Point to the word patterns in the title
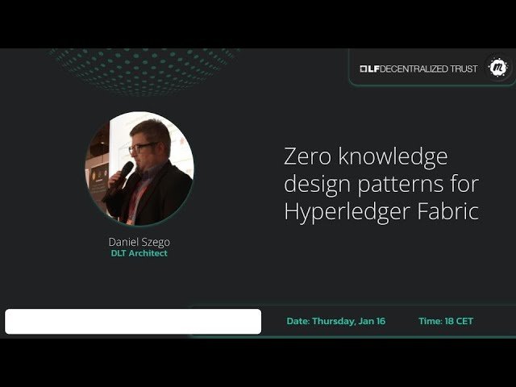(405, 185)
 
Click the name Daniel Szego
(139, 241)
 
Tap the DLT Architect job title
(139, 253)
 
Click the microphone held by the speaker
(123, 172)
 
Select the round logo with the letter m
(499, 68)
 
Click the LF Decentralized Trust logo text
(419, 69)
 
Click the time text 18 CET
(459, 321)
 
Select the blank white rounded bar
(133, 321)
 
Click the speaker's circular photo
(139, 169)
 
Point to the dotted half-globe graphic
(141, 69)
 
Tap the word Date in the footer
(298, 321)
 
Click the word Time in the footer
(430, 321)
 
